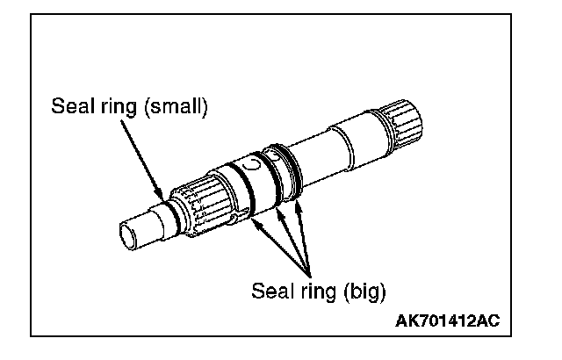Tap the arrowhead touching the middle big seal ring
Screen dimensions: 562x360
[x=280, y=208]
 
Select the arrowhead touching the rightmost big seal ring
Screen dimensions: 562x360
[x=299, y=203]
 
